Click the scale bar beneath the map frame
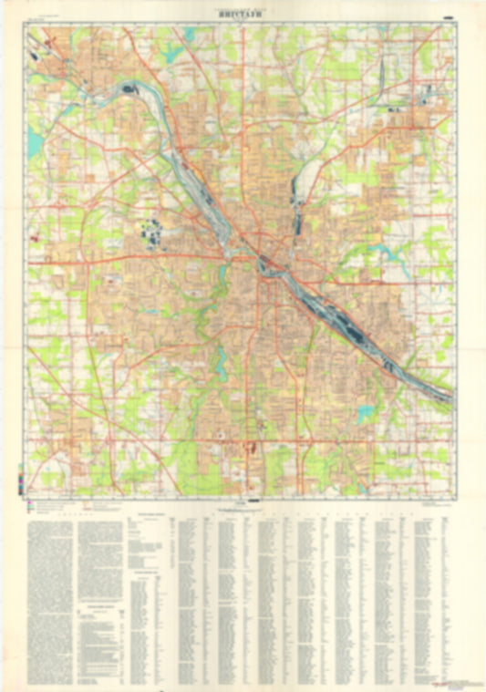coord(240,500)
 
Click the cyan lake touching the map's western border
coord(35,141)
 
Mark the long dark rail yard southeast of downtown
coord(346,319)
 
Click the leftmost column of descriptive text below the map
coord(49,593)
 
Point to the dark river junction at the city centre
coord(264,264)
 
